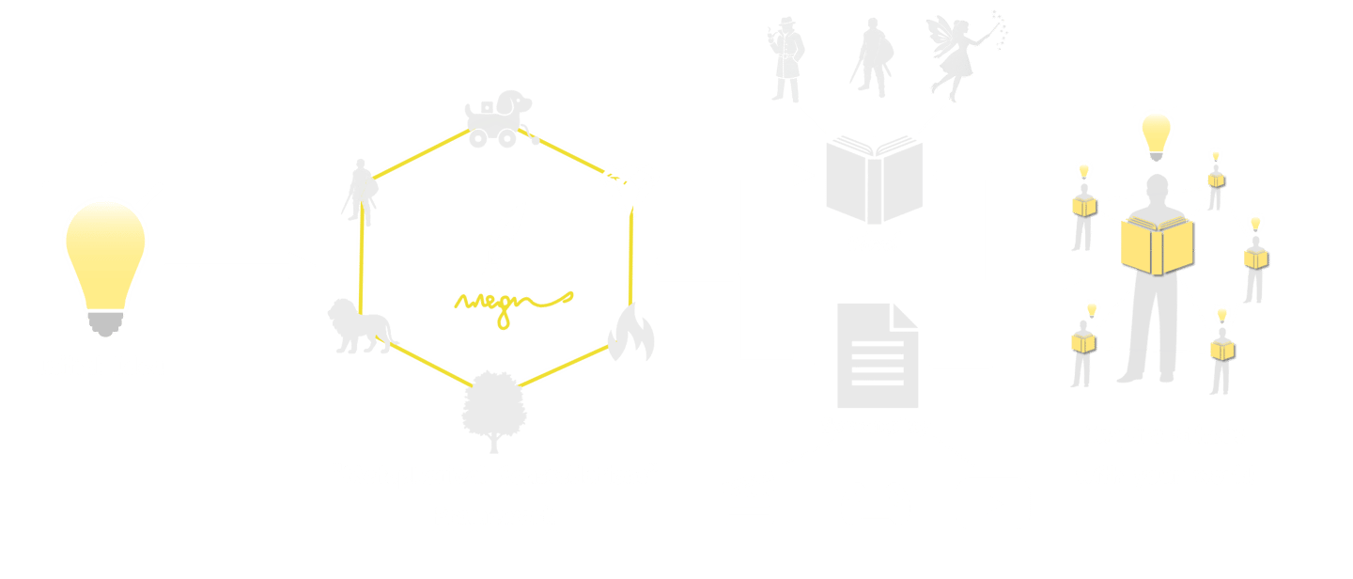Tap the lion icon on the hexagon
tap(357, 326)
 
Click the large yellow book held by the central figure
tap(1159, 243)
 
